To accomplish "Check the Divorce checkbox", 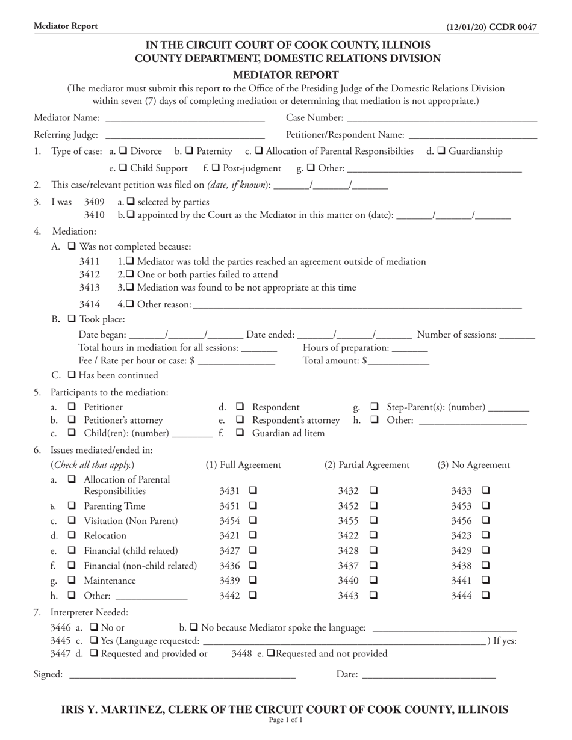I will pyautogui.click(x=123, y=152).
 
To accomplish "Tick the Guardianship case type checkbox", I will pyautogui.click(x=441, y=152).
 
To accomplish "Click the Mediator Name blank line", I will pyautogui.click(x=185, y=118).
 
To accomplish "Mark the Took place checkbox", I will pyautogui.click(x=72, y=319).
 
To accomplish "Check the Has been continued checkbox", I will pyautogui.click(x=72, y=375).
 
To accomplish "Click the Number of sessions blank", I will pyautogui.click(x=517, y=335).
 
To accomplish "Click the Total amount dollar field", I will pyautogui.click(x=399, y=361).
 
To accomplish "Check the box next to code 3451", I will pyautogui.click(x=253, y=506).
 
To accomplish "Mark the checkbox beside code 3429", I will pyautogui.click(x=486, y=550).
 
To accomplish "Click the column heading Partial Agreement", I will pyautogui.click(x=367, y=465).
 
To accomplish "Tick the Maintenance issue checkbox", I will pyautogui.click(x=72, y=581).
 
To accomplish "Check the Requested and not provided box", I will pyautogui.click(x=271, y=654).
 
